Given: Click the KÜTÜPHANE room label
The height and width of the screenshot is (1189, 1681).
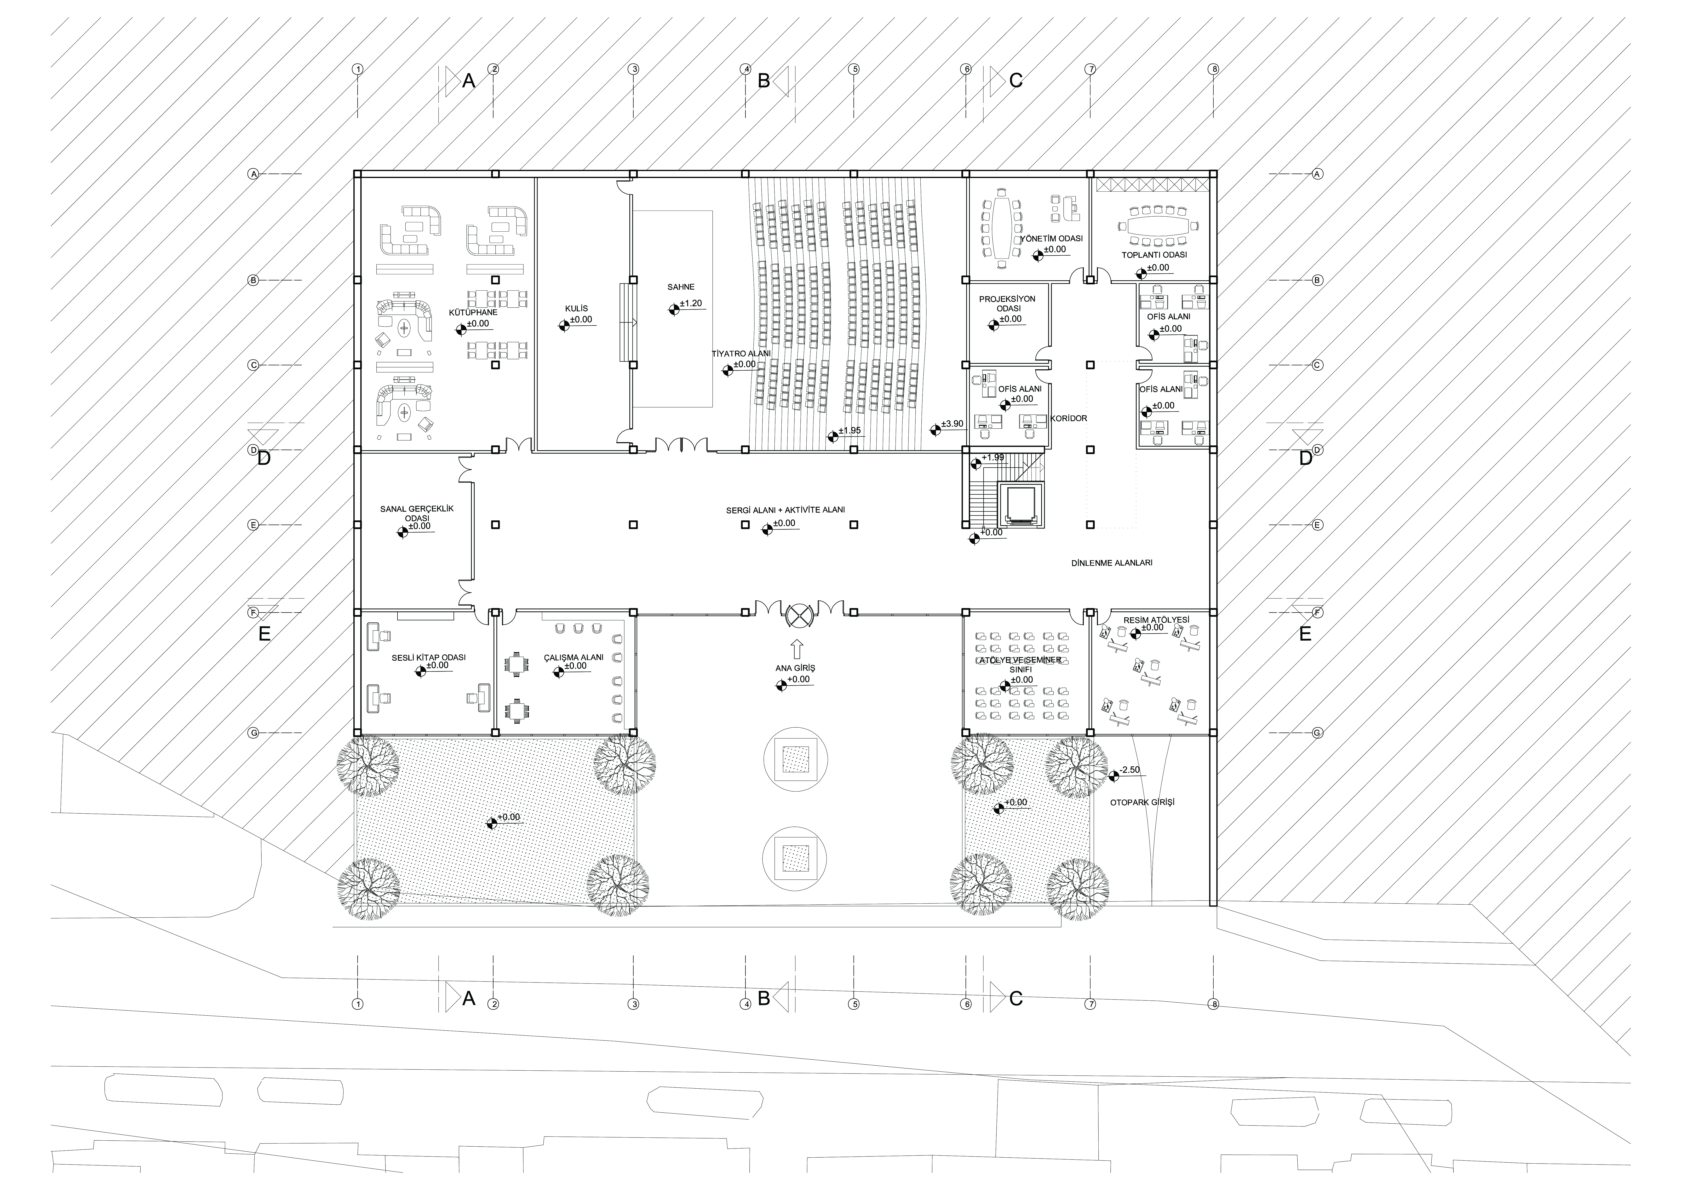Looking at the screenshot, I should pyautogui.click(x=473, y=313).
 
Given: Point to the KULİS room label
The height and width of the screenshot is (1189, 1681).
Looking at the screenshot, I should pyautogui.click(x=576, y=309).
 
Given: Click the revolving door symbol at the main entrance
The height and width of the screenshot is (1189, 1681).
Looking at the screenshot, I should pyautogui.click(x=797, y=616).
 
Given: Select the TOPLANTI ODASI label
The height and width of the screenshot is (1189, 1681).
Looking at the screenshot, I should pyautogui.click(x=1154, y=255).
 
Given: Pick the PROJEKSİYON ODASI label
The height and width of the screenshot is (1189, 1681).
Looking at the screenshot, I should pyautogui.click(x=1007, y=304).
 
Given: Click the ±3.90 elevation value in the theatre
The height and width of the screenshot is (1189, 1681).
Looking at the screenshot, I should pyautogui.click(x=952, y=424).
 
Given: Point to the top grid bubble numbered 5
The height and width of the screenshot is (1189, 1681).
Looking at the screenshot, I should pyautogui.click(x=854, y=69).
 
